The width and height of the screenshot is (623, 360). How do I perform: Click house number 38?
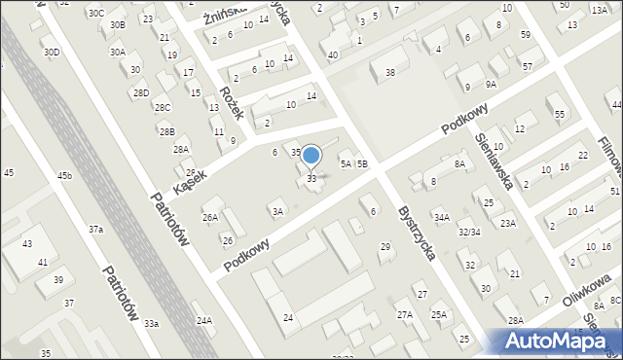pos(390,73)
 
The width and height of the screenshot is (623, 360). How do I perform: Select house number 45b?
pos(64,175)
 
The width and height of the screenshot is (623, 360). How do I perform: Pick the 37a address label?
pos(95,230)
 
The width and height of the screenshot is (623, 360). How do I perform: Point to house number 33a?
pos(151,323)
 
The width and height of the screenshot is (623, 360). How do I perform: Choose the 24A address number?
pos(203,320)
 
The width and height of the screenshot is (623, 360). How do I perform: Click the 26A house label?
pos(209,218)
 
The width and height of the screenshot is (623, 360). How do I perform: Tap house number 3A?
pos(277,211)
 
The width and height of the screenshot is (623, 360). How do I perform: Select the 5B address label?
pos(361,164)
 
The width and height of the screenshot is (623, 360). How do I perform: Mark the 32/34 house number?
pos(469,232)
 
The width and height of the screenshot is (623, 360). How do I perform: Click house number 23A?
pos(507,223)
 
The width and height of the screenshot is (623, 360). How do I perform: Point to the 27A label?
pos(405,314)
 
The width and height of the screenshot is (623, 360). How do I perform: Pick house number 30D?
pos(52,52)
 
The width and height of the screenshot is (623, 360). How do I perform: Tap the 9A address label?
pos(492,84)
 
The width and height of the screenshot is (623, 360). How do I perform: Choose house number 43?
pos(27,243)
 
